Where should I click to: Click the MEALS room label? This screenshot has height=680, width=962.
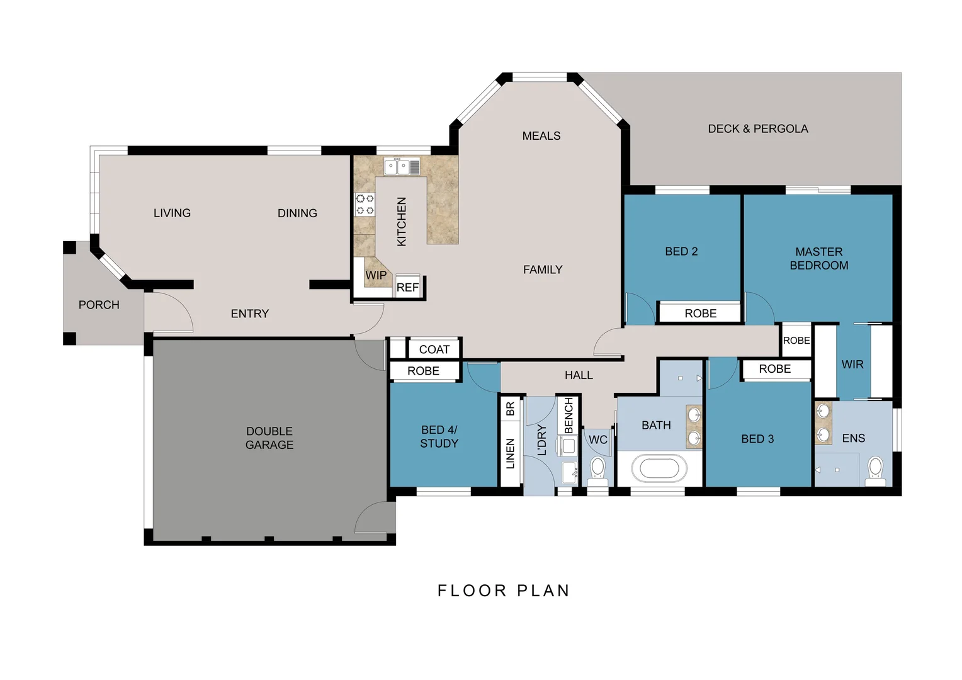(541, 136)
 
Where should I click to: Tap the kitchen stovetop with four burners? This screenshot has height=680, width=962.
(365, 205)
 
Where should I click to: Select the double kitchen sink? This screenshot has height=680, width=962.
(402, 167)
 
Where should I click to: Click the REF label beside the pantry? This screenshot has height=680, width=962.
(407, 288)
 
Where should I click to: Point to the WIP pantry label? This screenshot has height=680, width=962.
(376, 275)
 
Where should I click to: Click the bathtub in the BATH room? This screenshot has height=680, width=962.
(659, 469)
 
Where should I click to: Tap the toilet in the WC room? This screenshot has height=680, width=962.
(597, 469)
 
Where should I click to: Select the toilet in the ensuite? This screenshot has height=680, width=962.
(875, 469)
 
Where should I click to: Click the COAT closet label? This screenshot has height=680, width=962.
(434, 349)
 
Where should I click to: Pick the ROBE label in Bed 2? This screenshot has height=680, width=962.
(700, 314)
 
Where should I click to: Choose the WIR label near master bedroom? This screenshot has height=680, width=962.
(852, 365)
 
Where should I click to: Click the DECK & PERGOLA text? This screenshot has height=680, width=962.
(757, 129)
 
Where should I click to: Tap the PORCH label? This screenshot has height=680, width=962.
(99, 305)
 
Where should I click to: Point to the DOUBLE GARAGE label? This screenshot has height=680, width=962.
(269, 438)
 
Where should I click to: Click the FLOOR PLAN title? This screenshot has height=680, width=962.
(504, 591)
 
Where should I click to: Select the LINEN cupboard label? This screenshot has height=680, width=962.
(511, 453)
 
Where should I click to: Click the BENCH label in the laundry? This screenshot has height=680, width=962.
(569, 416)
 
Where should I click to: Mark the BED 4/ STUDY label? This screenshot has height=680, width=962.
(439, 436)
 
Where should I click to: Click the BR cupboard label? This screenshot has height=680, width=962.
(511, 408)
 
